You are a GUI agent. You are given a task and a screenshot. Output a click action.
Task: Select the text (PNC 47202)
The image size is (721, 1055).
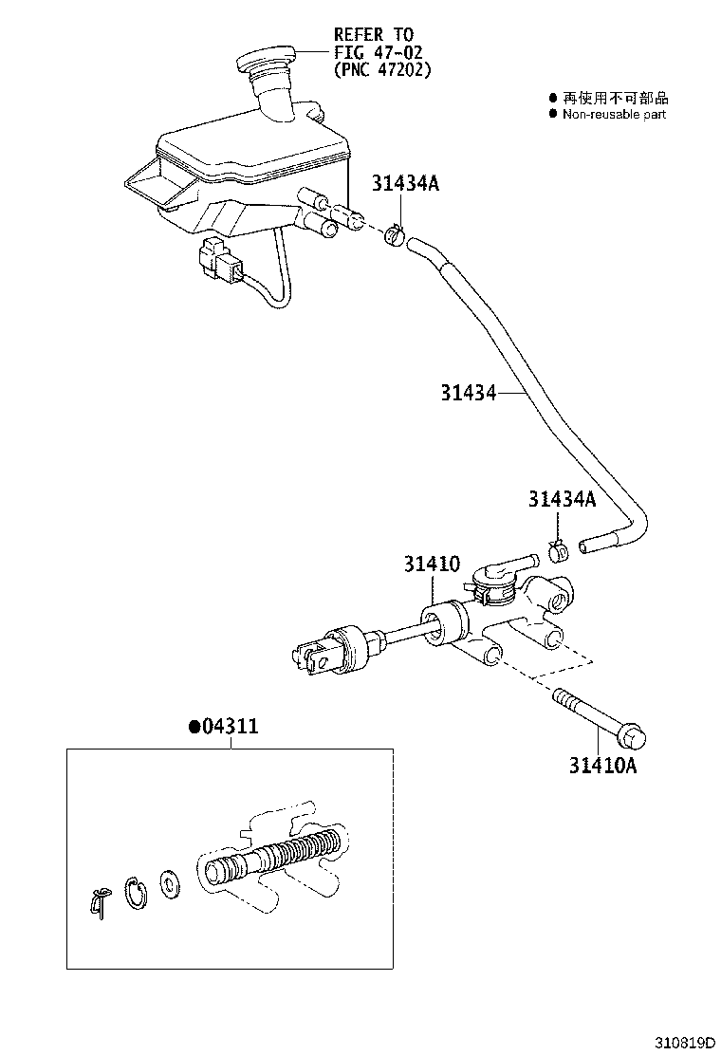(x=381, y=69)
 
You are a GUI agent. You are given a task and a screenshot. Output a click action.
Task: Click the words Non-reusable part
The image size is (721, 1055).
(x=614, y=114)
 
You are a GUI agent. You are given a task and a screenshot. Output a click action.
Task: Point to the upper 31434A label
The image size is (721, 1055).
(x=405, y=184)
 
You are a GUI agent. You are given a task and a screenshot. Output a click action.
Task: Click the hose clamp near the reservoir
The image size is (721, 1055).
(x=395, y=233)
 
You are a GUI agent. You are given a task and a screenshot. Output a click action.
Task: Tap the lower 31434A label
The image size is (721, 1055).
(x=562, y=498)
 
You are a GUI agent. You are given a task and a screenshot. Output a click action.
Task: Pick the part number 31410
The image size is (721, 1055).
(x=432, y=565)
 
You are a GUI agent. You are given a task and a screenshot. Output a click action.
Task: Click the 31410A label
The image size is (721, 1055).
(x=602, y=766)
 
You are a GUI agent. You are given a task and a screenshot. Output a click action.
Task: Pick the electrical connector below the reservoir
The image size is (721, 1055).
(x=220, y=262)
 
